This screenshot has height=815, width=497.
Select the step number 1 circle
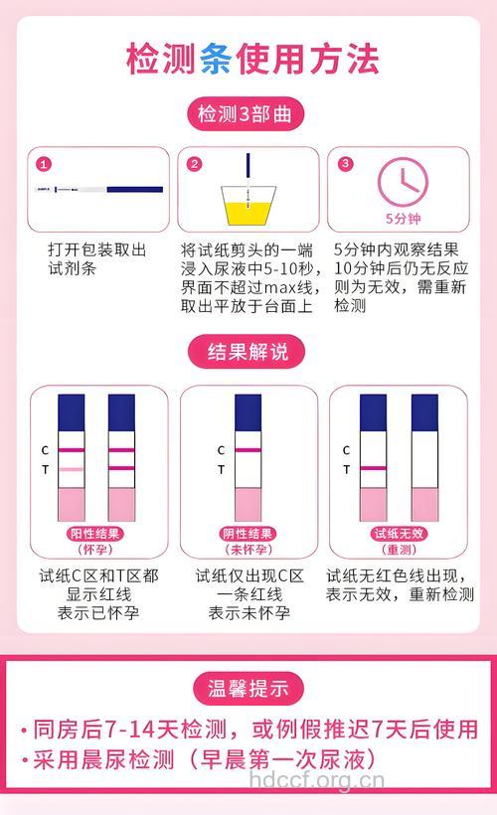[x=44, y=164]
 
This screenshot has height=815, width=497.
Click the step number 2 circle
[x=194, y=164]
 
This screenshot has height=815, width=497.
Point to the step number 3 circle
[x=345, y=164]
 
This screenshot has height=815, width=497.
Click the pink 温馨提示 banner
[x=248, y=687]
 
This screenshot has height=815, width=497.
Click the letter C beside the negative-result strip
[x=221, y=449]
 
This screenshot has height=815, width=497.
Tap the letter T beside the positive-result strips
[x=45, y=468]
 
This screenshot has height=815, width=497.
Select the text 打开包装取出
[x=96, y=249]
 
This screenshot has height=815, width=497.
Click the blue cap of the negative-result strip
[x=248, y=411]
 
